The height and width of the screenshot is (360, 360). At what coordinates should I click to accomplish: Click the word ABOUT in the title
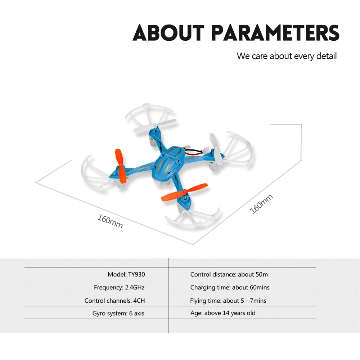(168, 33)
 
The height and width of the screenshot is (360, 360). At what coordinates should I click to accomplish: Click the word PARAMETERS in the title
(275, 33)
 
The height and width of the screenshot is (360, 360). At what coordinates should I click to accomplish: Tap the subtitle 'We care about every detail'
(287, 56)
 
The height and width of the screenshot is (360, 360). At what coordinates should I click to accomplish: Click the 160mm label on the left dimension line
(110, 221)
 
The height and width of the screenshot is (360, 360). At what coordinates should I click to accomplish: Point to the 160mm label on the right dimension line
(261, 204)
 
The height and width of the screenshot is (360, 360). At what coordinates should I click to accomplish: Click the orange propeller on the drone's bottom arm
(184, 192)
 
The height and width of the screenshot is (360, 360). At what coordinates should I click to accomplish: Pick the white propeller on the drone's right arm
(216, 149)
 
